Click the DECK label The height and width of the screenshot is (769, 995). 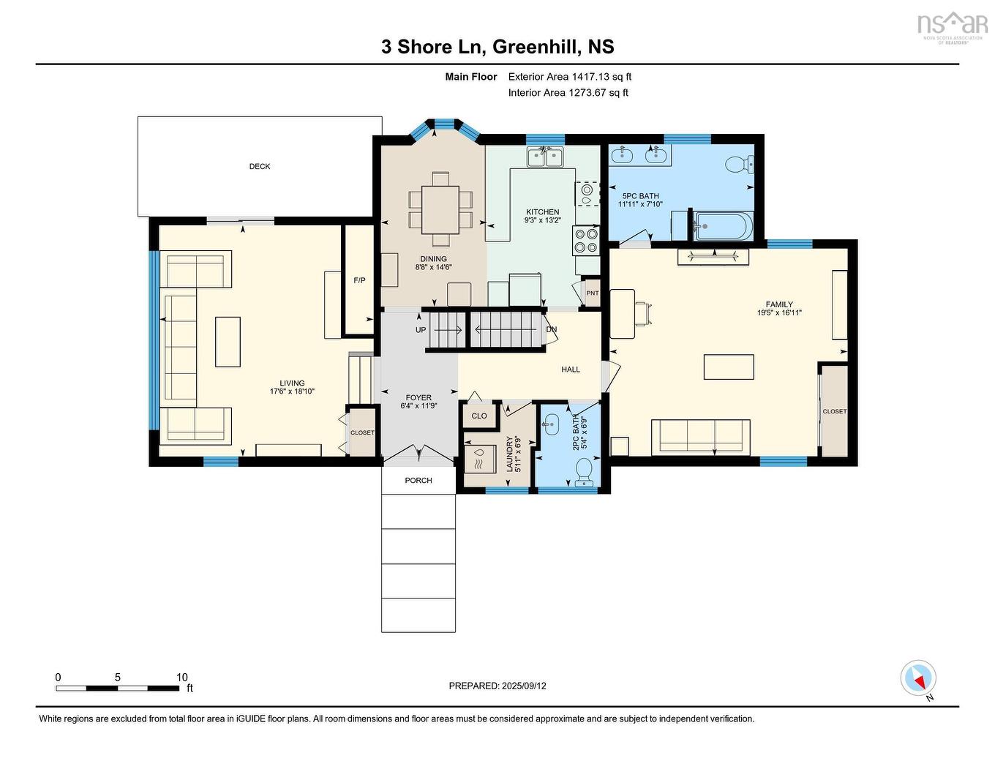tap(260, 167)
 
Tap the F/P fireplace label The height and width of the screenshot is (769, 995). tap(359, 280)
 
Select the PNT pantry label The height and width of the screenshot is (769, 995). tap(592, 293)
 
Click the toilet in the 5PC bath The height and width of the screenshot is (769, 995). tap(740, 165)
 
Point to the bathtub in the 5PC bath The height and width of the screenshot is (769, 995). tap(722, 226)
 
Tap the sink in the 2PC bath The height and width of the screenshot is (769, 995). tap(550, 423)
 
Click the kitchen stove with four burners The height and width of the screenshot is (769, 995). tap(587, 239)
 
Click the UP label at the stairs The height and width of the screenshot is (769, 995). tap(421, 330)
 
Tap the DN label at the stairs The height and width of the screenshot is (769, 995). tap(552, 329)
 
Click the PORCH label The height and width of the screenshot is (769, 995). tap(418, 481)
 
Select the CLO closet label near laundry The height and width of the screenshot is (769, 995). tap(479, 416)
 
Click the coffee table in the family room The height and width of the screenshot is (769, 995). tap(729, 367)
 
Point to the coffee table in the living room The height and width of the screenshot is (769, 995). tap(228, 342)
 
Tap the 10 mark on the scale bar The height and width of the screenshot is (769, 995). tap(181, 678)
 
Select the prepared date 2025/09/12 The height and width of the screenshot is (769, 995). tap(524, 686)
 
